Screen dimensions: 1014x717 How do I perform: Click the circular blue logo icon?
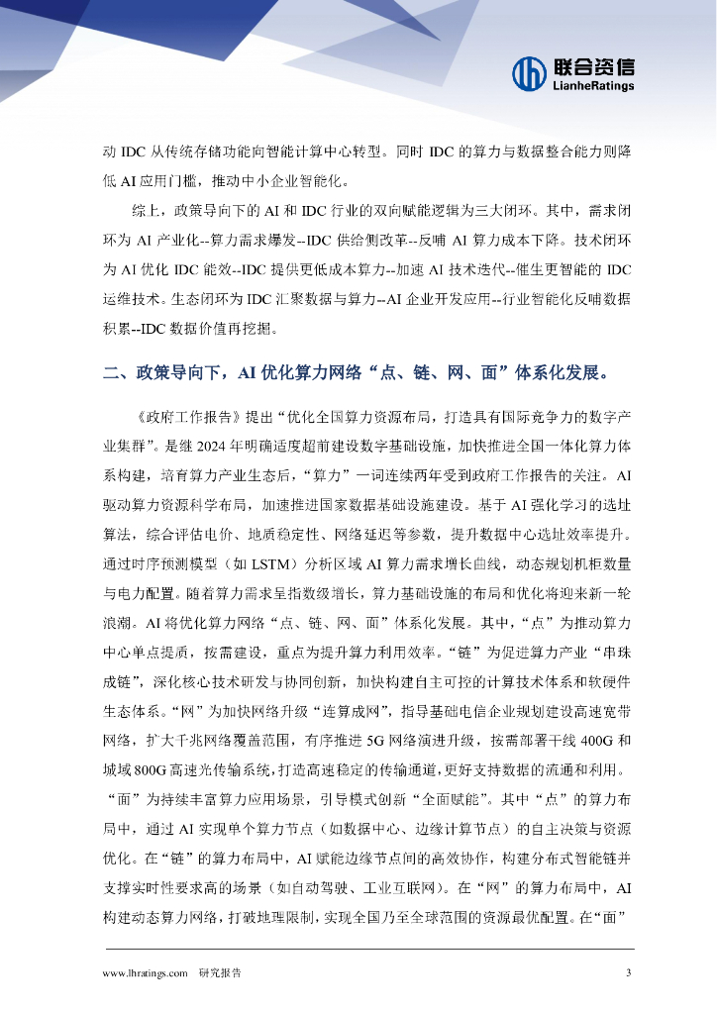(529, 72)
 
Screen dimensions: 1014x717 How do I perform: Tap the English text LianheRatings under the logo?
(592, 86)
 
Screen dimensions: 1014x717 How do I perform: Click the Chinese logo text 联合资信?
(592, 65)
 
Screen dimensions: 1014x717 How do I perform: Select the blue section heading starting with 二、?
(356, 373)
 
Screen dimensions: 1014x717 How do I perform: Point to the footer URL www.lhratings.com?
(146, 973)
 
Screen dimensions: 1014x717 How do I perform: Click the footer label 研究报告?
(220, 973)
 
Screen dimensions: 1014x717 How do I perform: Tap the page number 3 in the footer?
(628, 973)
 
